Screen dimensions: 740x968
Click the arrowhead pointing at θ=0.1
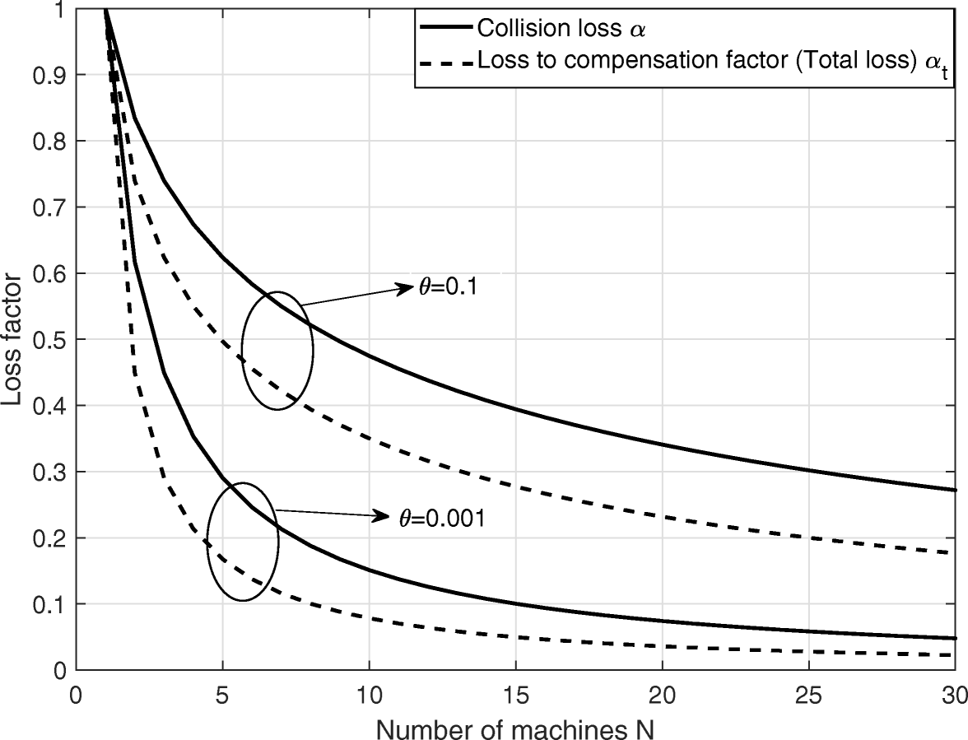[x=405, y=287]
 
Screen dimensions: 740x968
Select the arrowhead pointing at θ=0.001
[x=382, y=516]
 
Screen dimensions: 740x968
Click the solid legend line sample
[x=445, y=27]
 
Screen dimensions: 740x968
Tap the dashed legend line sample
[x=445, y=60]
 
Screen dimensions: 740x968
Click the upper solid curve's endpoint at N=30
[x=956, y=490]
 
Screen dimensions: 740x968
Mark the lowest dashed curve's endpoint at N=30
[x=956, y=655]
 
